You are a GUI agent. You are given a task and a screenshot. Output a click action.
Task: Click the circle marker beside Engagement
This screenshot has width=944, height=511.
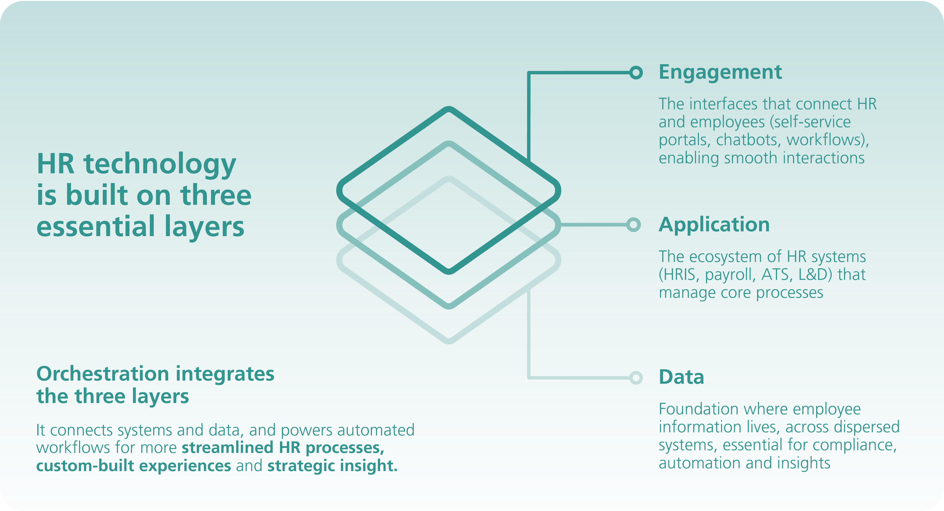[636, 73]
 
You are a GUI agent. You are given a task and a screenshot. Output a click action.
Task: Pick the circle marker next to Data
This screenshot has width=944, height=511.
[636, 377]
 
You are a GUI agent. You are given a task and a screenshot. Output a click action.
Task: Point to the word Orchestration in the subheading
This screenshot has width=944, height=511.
[103, 374]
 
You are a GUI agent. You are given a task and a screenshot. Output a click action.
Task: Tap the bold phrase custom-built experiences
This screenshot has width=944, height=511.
[133, 466]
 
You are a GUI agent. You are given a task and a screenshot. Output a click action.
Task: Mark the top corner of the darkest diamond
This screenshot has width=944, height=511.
[449, 109]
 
